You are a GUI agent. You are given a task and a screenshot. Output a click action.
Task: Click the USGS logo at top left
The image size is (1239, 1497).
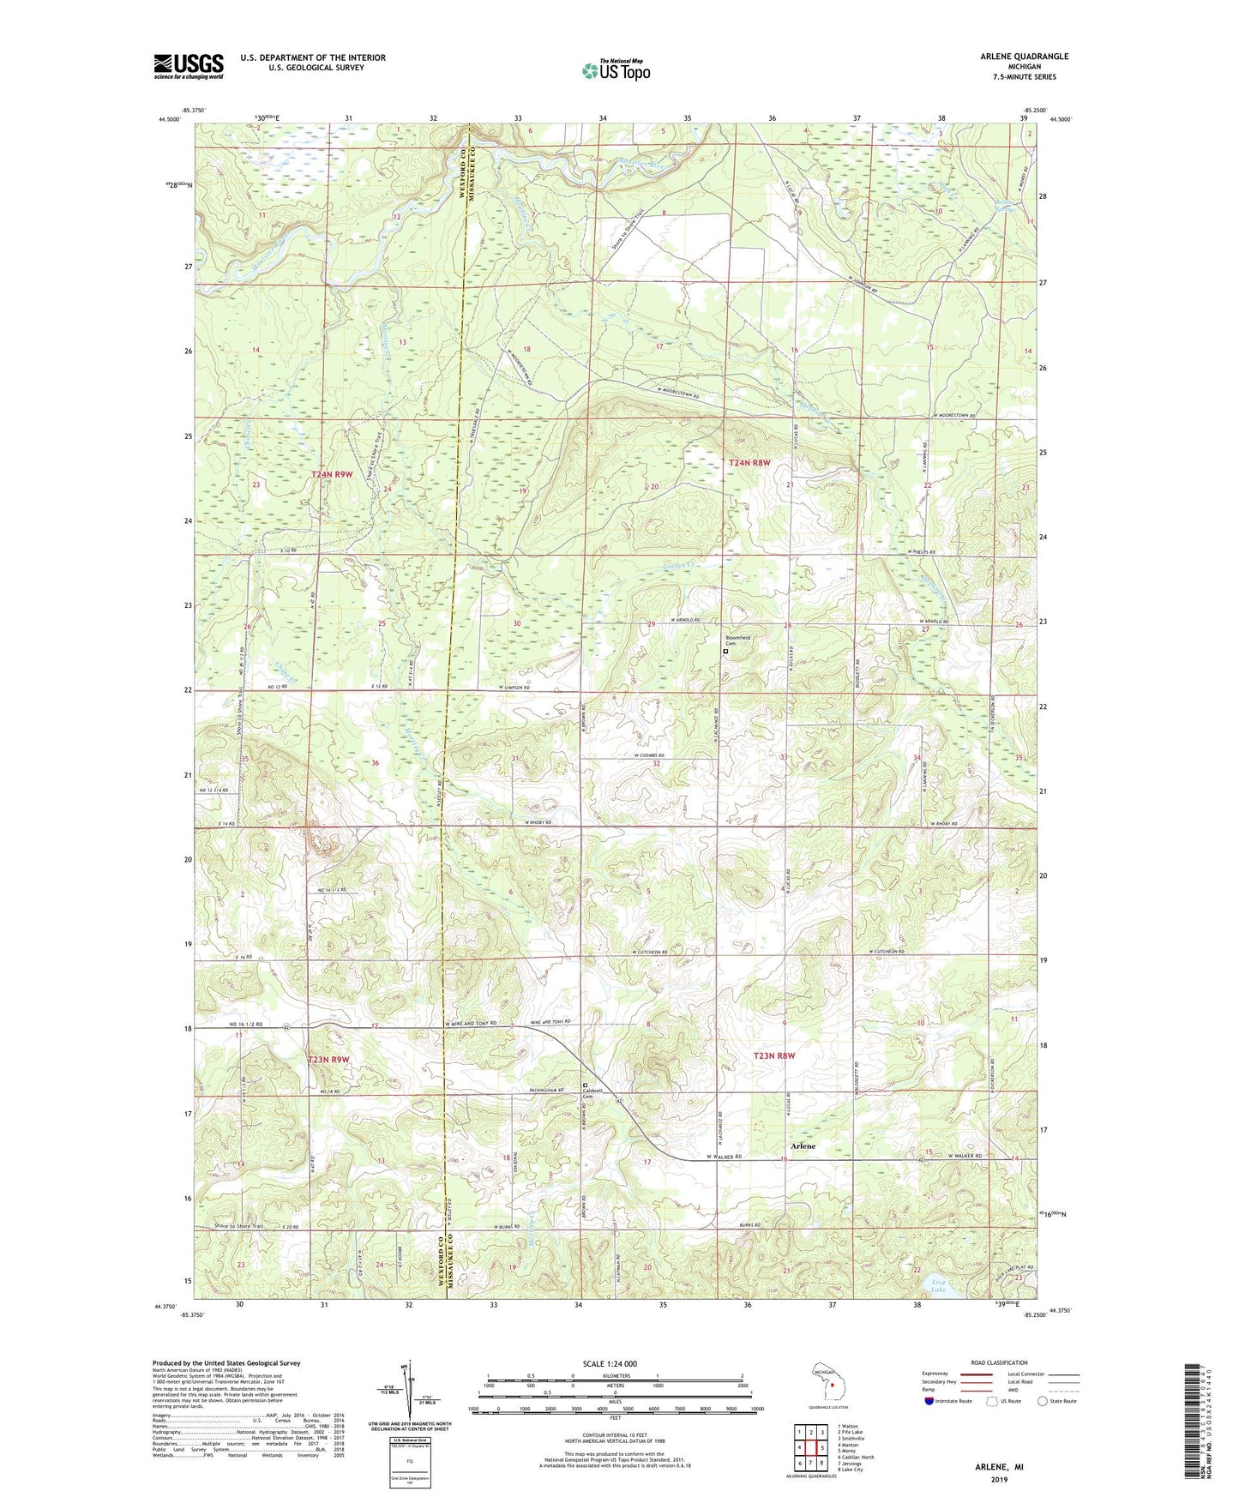(189, 66)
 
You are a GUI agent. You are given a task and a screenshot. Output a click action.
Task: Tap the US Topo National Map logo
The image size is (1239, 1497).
(615, 70)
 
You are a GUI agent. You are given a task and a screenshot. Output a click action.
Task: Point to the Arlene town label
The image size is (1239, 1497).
(803, 1145)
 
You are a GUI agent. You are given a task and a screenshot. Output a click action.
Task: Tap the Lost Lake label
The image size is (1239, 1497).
(939, 1285)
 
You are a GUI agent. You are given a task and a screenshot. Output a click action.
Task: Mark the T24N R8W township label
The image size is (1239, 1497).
(749, 463)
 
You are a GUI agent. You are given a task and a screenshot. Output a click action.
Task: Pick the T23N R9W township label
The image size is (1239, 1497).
(328, 1060)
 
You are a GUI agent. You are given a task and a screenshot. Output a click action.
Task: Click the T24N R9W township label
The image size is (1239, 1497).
(332, 474)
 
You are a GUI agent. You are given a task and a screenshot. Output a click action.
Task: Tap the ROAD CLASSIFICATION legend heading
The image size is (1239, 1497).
(998, 1362)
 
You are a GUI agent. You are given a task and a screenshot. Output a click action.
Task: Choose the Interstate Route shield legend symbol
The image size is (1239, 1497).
(929, 1400)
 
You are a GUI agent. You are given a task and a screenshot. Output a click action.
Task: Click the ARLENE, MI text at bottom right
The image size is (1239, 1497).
(999, 1467)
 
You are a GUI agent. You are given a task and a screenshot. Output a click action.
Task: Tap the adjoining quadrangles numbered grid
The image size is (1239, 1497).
(810, 1446)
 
